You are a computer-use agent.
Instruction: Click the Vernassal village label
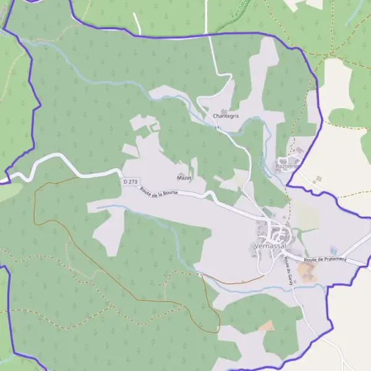[270, 246]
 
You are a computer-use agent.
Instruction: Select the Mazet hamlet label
[184, 177]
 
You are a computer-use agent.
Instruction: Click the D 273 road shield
[129, 182]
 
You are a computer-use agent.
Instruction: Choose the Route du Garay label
[288, 270]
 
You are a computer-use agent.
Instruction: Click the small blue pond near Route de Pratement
[333, 250]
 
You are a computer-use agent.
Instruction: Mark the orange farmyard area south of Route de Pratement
[307, 273]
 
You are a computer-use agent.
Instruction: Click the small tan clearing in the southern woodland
[267, 325]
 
